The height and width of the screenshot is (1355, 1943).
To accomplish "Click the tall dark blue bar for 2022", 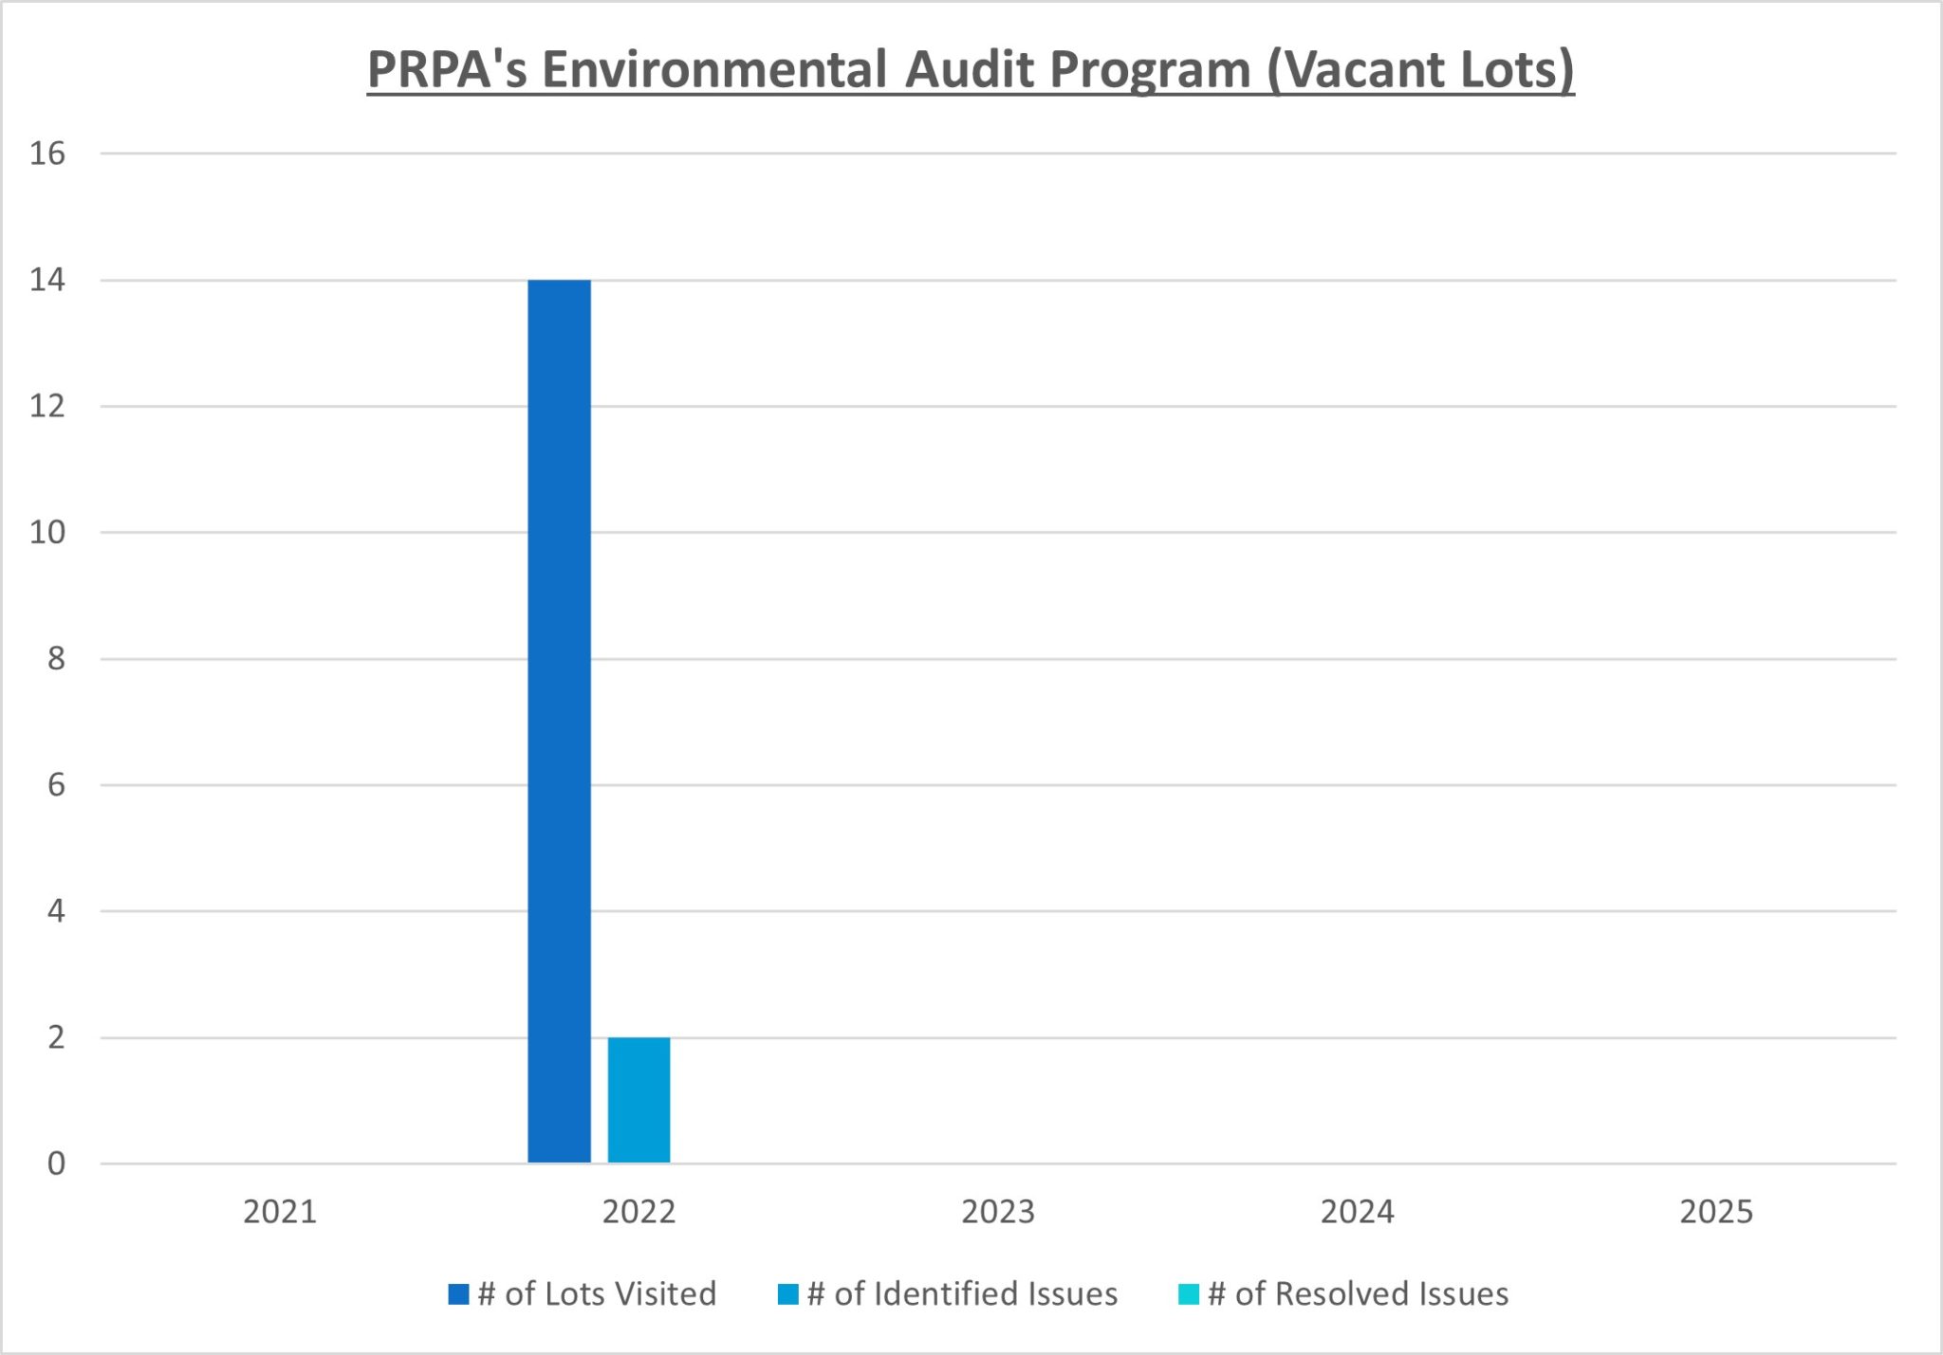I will point(559,721).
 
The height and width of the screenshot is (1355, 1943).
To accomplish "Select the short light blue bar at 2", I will point(638,1100).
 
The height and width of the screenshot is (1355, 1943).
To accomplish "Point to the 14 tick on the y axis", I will point(47,280).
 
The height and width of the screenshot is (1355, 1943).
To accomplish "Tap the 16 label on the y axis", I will point(47,154).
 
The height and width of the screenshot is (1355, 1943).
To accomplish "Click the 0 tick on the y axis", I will point(56,1163).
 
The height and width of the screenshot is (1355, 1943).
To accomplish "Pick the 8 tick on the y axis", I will point(56,658).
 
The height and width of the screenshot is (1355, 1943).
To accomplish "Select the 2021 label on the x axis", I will point(280,1212).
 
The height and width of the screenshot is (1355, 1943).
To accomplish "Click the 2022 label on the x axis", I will point(638,1212).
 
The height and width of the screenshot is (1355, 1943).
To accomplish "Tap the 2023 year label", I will point(998,1212).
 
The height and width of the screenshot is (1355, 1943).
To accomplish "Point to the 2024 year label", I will point(1357,1212).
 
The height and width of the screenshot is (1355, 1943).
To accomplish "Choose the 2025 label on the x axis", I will point(1716,1212).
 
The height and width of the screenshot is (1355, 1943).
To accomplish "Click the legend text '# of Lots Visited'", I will point(597,1294).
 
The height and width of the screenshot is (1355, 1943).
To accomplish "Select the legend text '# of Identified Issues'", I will point(962,1294).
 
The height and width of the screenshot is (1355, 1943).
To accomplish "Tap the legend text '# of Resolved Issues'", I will point(1358,1294).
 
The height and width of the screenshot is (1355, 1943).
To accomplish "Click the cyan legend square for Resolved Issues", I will point(1189,1294).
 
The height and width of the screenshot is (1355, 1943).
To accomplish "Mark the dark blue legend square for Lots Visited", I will point(459,1294).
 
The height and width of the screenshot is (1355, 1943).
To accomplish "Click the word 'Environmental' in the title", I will point(713,70).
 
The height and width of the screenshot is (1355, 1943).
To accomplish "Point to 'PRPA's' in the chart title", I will point(447,70).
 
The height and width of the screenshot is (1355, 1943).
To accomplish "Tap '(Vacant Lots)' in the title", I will point(1420,70).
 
